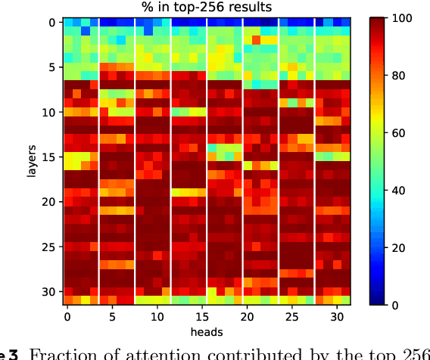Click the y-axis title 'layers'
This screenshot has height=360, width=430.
[x=31, y=162]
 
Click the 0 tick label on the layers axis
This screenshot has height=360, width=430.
[x=51, y=23]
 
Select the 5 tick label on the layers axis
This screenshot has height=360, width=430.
[x=51, y=67]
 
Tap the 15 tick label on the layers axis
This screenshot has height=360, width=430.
[x=48, y=157]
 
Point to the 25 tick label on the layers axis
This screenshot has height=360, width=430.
[x=48, y=247]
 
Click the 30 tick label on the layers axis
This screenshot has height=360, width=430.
[x=48, y=291]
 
